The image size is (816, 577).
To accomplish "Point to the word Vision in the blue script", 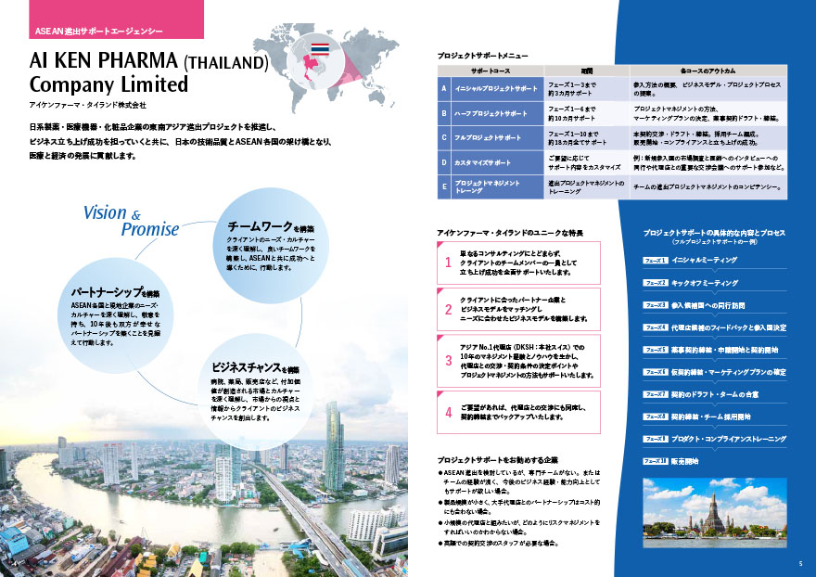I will pyautogui.click(x=105, y=212).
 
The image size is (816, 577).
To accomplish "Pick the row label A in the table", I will pyautogui.click(x=444, y=89).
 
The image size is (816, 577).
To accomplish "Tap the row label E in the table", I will pyautogui.click(x=444, y=186).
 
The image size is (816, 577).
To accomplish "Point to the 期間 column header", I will pyautogui.click(x=586, y=70).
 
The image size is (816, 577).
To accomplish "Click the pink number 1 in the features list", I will pyautogui.click(x=448, y=263).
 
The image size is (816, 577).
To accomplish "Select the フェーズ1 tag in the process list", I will pyautogui.click(x=655, y=261).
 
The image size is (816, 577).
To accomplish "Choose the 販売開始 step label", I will pyautogui.click(x=689, y=461).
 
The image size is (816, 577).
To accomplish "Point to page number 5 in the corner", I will pyautogui.click(x=800, y=562).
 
